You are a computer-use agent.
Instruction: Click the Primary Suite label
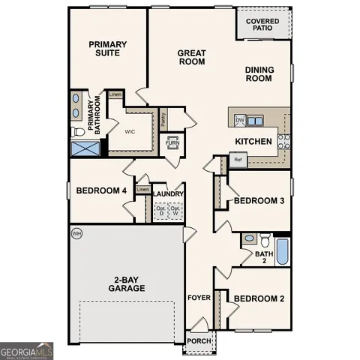click(108, 49)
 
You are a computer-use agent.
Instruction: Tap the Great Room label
click(191, 57)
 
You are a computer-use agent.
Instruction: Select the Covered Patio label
click(264, 25)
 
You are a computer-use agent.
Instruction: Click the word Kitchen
click(253, 141)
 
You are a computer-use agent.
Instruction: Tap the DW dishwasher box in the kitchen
click(240, 120)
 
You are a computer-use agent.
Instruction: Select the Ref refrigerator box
click(238, 160)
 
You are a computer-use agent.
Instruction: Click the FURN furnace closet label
click(172, 142)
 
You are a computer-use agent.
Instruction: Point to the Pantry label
click(163, 118)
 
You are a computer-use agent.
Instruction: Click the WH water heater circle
click(76, 234)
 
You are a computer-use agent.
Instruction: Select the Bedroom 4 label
click(101, 190)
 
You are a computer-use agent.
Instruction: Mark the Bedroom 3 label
click(259, 201)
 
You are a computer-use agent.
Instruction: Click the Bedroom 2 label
click(259, 298)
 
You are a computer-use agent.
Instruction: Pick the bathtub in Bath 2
click(282, 251)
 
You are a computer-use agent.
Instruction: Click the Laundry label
click(169, 193)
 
